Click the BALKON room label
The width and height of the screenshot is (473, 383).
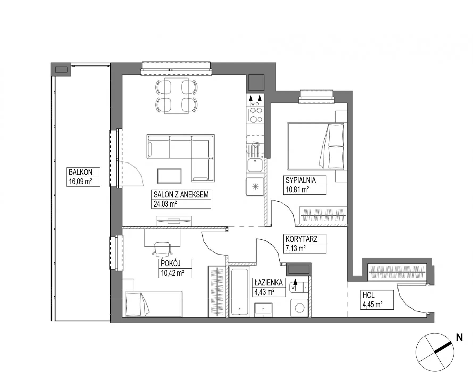click(x=80, y=172)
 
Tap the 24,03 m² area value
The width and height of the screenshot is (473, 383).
click(x=165, y=204)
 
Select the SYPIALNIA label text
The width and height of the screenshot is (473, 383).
click(x=301, y=180)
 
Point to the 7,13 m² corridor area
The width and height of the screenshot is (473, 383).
click(x=296, y=248)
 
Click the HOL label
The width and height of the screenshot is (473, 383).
click(x=368, y=295)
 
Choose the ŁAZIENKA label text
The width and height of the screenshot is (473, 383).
click(x=268, y=282)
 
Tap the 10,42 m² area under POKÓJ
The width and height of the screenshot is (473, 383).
click(x=173, y=273)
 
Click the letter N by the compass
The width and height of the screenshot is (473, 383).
click(x=459, y=338)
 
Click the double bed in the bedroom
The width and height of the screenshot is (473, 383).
click(x=316, y=146)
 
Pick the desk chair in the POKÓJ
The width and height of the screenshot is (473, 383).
click(x=162, y=248)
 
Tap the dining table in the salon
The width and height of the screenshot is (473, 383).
click(x=176, y=96)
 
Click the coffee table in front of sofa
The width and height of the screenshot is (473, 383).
click(x=169, y=176)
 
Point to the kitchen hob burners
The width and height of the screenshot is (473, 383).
click(x=256, y=114)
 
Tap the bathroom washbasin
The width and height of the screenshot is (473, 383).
click(x=263, y=310)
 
